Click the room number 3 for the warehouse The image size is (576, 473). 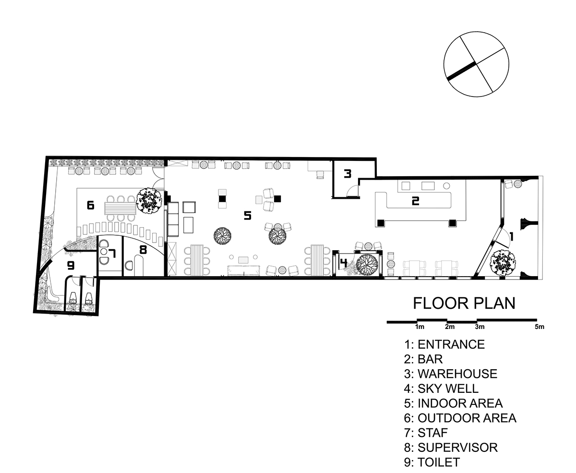click(348, 173)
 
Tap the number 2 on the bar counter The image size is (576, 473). click(415, 201)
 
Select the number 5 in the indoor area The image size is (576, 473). click(248, 216)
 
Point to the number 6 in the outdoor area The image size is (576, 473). click(90, 205)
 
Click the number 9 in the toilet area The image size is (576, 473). click(71, 266)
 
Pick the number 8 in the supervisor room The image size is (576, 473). click(143, 250)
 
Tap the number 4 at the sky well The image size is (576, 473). click(343, 263)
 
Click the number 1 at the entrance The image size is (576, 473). click(511, 236)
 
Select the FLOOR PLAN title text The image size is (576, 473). click(464, 303)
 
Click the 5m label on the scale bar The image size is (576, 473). click(540, 327)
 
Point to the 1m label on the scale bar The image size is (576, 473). click(420, 327)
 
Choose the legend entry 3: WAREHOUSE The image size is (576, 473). click(451, 374)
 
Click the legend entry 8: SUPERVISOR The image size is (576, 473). click(451, 448)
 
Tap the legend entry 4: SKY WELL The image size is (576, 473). click(441, 388)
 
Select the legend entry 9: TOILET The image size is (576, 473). click(432, 462)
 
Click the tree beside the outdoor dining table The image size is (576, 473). click(149, 201)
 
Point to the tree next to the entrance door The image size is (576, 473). click(503, 262)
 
